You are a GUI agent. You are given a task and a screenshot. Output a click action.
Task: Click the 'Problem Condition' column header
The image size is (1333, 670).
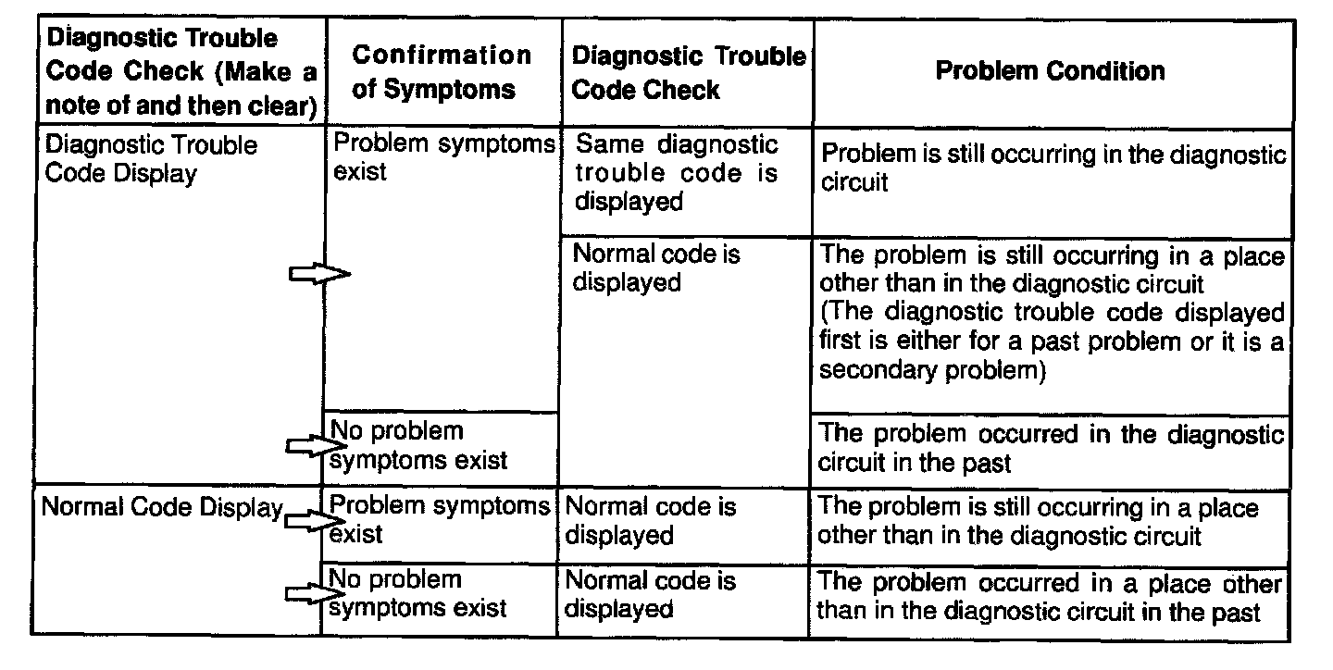1050,71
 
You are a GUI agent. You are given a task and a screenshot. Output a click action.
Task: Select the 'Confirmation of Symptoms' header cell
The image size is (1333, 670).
442,71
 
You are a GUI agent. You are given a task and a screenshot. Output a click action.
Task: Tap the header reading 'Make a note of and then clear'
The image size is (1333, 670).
181,71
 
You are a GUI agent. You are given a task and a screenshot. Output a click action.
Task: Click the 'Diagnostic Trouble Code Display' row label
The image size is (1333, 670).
152,159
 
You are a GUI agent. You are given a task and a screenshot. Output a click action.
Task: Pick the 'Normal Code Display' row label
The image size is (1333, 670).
163,508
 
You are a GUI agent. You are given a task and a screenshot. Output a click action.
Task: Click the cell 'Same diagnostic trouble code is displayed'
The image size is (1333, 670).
677,173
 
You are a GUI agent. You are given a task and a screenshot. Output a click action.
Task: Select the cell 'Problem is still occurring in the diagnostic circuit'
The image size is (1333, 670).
1053,167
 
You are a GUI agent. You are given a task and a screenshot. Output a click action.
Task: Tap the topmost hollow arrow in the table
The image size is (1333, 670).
318,273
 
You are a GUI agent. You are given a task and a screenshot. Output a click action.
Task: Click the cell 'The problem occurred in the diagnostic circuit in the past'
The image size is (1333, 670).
1052,447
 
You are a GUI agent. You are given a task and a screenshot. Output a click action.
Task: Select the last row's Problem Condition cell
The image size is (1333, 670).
1050,597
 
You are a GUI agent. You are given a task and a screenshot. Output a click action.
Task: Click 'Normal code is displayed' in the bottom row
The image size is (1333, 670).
650,594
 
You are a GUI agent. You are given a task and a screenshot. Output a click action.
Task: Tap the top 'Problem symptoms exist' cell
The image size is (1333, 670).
442,157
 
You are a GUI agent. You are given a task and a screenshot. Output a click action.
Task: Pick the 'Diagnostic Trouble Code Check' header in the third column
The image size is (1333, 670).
688,71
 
